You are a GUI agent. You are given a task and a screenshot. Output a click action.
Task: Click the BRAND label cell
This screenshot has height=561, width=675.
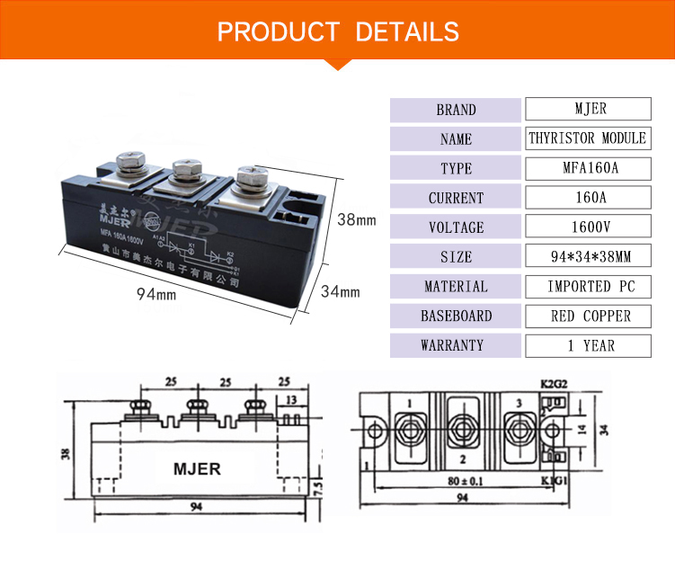click(456, 110)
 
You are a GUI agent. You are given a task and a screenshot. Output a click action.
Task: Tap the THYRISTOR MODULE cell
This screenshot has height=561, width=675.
click(588, 138)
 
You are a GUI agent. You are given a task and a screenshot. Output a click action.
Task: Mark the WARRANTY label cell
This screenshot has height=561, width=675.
click(456, 345)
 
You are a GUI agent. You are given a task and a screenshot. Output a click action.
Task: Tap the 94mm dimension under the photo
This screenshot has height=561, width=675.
click(156, 293)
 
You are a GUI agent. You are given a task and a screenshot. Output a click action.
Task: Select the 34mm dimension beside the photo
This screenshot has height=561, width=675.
click(341, 291)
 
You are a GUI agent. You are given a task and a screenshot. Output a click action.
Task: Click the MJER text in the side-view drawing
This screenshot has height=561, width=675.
click(196, 469)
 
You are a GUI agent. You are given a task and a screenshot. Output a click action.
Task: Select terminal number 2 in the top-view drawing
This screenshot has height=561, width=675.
click(461, 459)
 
